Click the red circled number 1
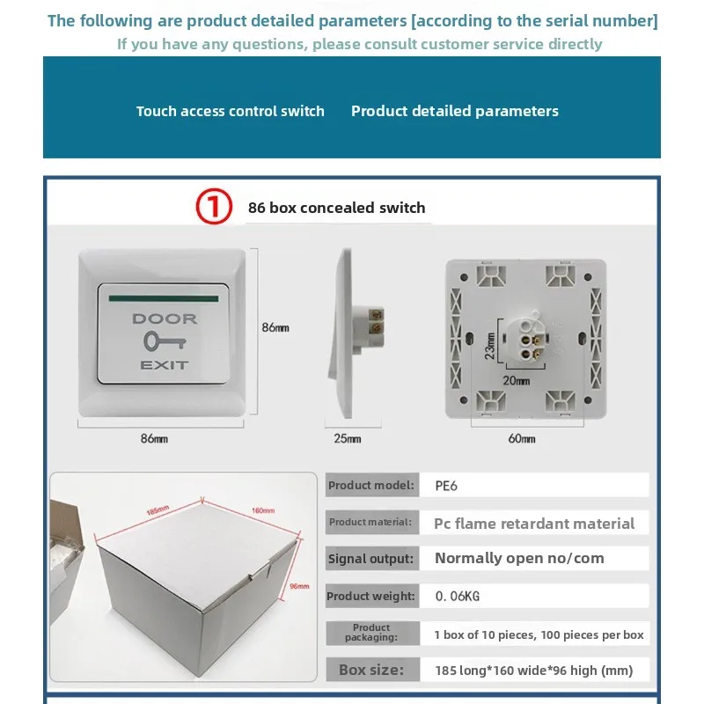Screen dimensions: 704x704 [213, 208]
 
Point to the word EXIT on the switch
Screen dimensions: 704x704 [165, 364]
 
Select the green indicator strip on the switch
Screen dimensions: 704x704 [165, 298]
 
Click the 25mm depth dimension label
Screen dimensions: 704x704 [348, 438]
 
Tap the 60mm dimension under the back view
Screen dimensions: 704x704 [522, 438]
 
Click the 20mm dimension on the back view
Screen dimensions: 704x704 [517, 381]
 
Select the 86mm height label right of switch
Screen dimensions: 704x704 [275, 327]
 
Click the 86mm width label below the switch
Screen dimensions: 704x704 [154, 438]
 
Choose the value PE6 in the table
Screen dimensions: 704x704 [447, 485]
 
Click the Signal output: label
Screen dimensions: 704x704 [370, 559]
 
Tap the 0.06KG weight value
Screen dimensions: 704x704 [458, 597]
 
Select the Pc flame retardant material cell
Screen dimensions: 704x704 [533, 523]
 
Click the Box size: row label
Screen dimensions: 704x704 [371, 670]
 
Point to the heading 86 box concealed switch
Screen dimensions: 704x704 [336, 209]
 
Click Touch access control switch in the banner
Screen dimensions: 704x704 [230, 111]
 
